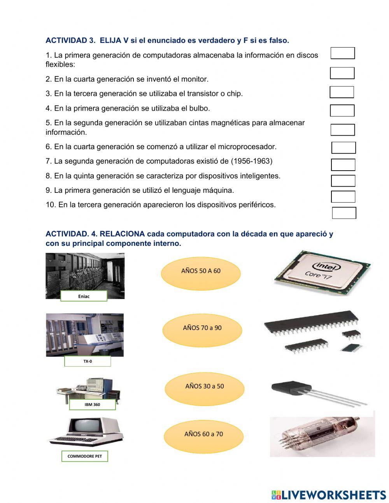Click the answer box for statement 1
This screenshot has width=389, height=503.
[x=343, y=53]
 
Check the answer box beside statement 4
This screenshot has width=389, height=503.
[x=342, y=111]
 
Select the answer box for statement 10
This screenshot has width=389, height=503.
[x=344, y=213]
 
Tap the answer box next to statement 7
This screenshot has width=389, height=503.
[x=343, y=165]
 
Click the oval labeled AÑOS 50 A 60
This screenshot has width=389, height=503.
[x=201, y=271]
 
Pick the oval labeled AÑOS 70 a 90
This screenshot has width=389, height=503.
[x=202, y=328]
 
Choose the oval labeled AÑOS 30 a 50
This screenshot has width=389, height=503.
[x=205, y=387]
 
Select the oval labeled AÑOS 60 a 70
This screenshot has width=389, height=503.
[x=203, y=434]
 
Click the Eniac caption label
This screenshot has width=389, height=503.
[x=84, y=297]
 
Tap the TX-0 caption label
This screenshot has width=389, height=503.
[x=88, y=362]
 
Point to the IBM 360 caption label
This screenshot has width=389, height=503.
[x=92, y=405]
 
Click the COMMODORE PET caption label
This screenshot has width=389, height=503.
[x=84, y=456]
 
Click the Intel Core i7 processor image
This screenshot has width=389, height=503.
[x=322, y=272]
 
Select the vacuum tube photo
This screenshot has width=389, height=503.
[x=322, y=436]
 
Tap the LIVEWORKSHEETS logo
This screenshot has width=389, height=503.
[x=328, y=495]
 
